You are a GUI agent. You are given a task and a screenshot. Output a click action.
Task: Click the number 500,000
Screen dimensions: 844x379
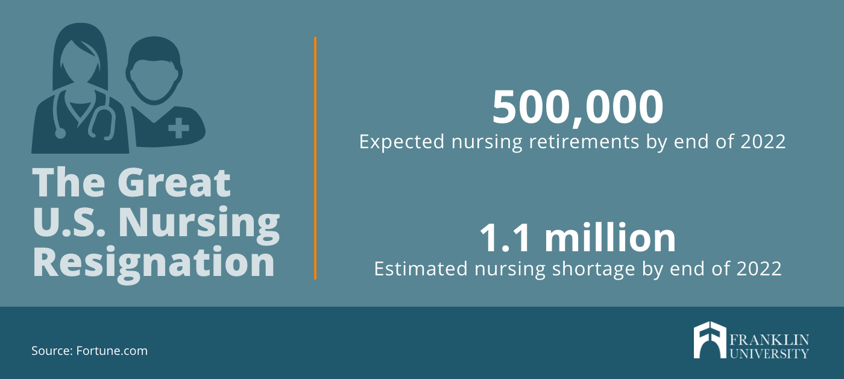578,108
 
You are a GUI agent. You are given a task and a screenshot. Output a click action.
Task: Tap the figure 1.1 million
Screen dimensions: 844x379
578,238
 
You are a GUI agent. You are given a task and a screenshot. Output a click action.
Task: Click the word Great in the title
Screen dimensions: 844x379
174,183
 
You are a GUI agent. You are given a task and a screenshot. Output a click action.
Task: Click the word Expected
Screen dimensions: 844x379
402,143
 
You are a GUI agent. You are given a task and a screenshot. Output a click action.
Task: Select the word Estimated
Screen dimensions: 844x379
421,269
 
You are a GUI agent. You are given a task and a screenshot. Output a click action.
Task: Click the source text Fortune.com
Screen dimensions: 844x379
112,351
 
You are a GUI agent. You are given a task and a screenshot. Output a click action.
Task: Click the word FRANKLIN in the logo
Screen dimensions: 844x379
769,340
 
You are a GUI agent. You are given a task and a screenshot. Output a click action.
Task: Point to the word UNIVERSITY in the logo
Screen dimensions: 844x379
769,353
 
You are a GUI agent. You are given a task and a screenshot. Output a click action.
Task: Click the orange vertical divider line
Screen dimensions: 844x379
315,158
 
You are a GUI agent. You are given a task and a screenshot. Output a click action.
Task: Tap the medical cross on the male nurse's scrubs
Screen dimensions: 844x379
178,128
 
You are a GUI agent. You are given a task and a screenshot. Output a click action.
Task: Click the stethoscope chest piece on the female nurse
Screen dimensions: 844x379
59,134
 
